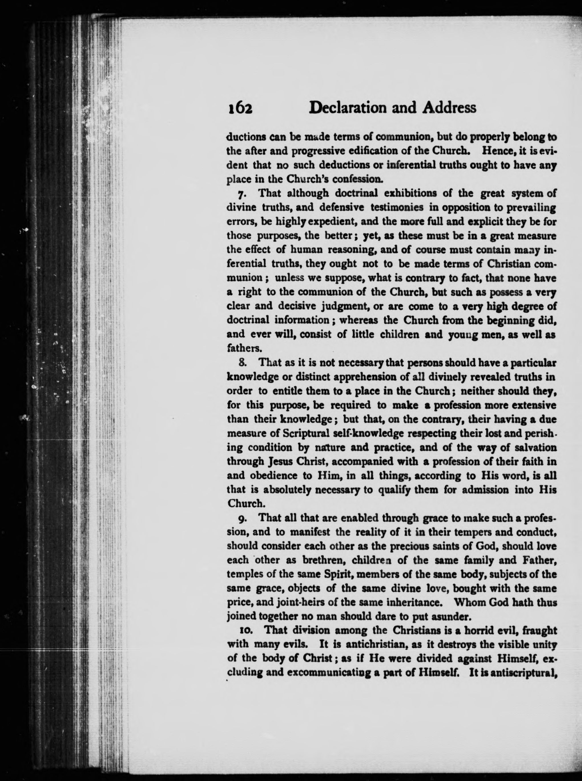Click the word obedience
(273, 476)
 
